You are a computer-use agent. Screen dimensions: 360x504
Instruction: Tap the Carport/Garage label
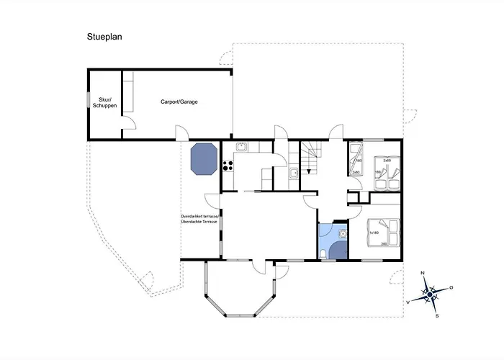click(179, 102)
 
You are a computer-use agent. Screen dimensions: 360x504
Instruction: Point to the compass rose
click(430, 294)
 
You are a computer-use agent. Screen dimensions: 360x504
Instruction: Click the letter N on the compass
click(423, 273)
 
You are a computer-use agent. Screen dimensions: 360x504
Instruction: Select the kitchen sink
click(242, 148)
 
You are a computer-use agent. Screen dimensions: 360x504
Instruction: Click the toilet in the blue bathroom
click(327, 253)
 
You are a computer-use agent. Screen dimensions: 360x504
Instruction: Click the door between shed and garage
click(127, 124)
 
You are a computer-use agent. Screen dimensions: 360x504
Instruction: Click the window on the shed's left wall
click(88, 102)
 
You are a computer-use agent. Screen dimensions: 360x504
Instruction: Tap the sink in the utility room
click(294, 174)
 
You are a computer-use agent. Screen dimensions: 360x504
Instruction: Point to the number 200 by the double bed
click(384, 245)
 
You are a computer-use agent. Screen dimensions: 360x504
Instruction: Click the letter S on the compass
click(437, 315)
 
